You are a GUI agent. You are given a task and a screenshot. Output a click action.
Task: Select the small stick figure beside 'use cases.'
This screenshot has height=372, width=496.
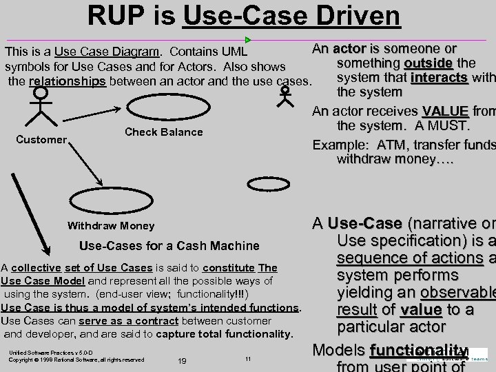(x=284, y=95)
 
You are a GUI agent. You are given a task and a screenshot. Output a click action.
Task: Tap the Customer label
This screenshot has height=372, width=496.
(x=41, y=140)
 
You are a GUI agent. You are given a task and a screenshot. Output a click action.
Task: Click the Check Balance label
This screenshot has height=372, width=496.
(x=164, y=132)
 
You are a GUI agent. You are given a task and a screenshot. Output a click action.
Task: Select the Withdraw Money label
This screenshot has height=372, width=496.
(x=110, y=225)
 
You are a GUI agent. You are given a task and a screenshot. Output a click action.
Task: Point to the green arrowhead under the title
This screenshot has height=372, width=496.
(x=248, y=40)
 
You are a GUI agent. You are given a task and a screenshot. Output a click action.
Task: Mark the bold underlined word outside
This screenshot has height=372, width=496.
(x=428, y=63)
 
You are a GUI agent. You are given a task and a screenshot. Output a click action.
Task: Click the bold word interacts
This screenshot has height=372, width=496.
(x=439, y=77)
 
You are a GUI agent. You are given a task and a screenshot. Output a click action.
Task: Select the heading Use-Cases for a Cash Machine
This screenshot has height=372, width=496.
(x=169, y=245)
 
